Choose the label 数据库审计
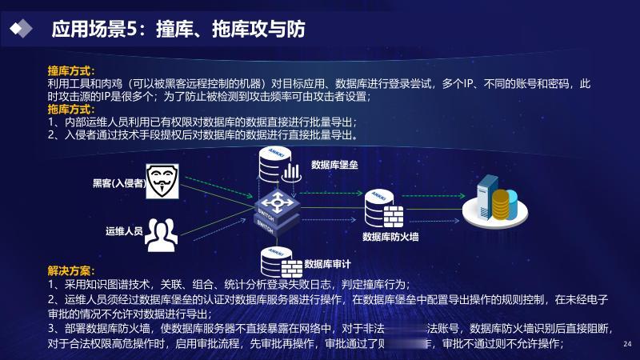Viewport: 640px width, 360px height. click(x=328, y=263)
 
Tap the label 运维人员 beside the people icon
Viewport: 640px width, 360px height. click(x=124, y=231)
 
